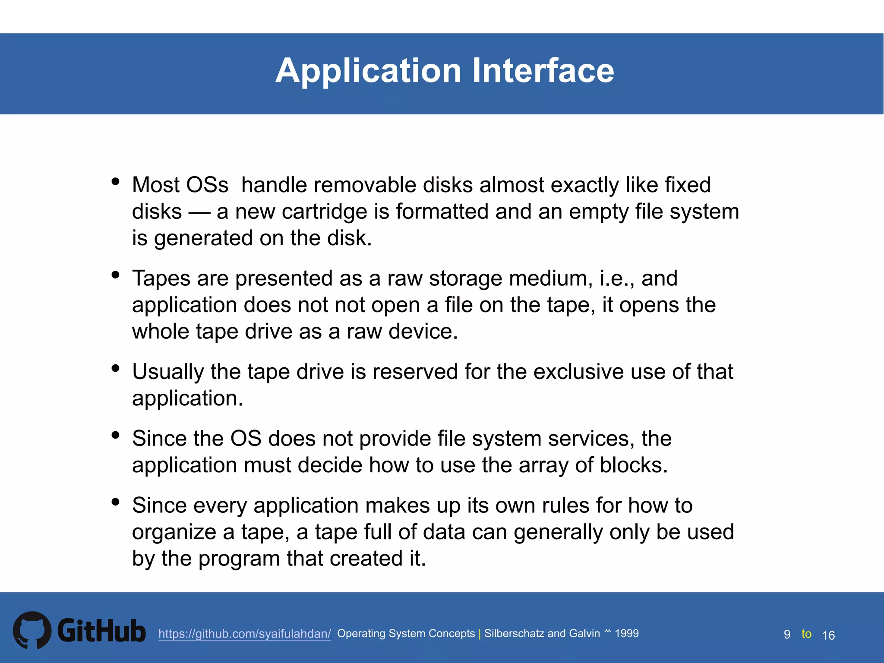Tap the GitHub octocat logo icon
[x=32, y=630]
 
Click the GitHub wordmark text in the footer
[x=101, y=631]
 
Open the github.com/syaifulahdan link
[x=244, y=634]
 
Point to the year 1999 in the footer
[x=626, y=633]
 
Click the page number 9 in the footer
[x=787, y=635]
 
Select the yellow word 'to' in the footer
[x=806, y=634]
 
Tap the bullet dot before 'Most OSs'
[x=115, y=181]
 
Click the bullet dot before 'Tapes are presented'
[x=115, y=275]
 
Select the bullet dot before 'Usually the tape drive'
[x=115, y=368]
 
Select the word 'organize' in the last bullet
[x=177, y=532]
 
